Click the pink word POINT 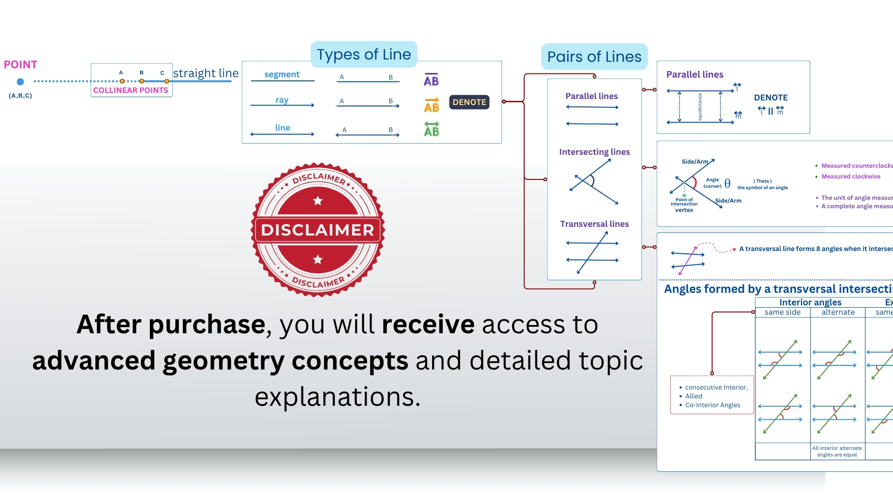(x=20, y=65)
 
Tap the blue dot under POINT (x=20, y=82)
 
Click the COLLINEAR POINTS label (x=131, y=90)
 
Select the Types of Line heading (x=364, y=54)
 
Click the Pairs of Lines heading (x=594, y=57)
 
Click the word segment (x=282, y=74)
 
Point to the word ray (x=282, y=100)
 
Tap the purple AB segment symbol (x=431, y=80)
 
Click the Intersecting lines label (x=594, y=152)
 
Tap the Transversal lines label (x=594, y=224)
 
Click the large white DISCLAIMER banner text (x=318, y=230)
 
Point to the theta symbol (x=727, y=184)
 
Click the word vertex (x=684, y=210)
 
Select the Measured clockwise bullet (x=851, y=177)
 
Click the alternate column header (x=838, y=312)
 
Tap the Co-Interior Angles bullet (x=713, y=405)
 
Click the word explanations (x=337, y=397)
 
